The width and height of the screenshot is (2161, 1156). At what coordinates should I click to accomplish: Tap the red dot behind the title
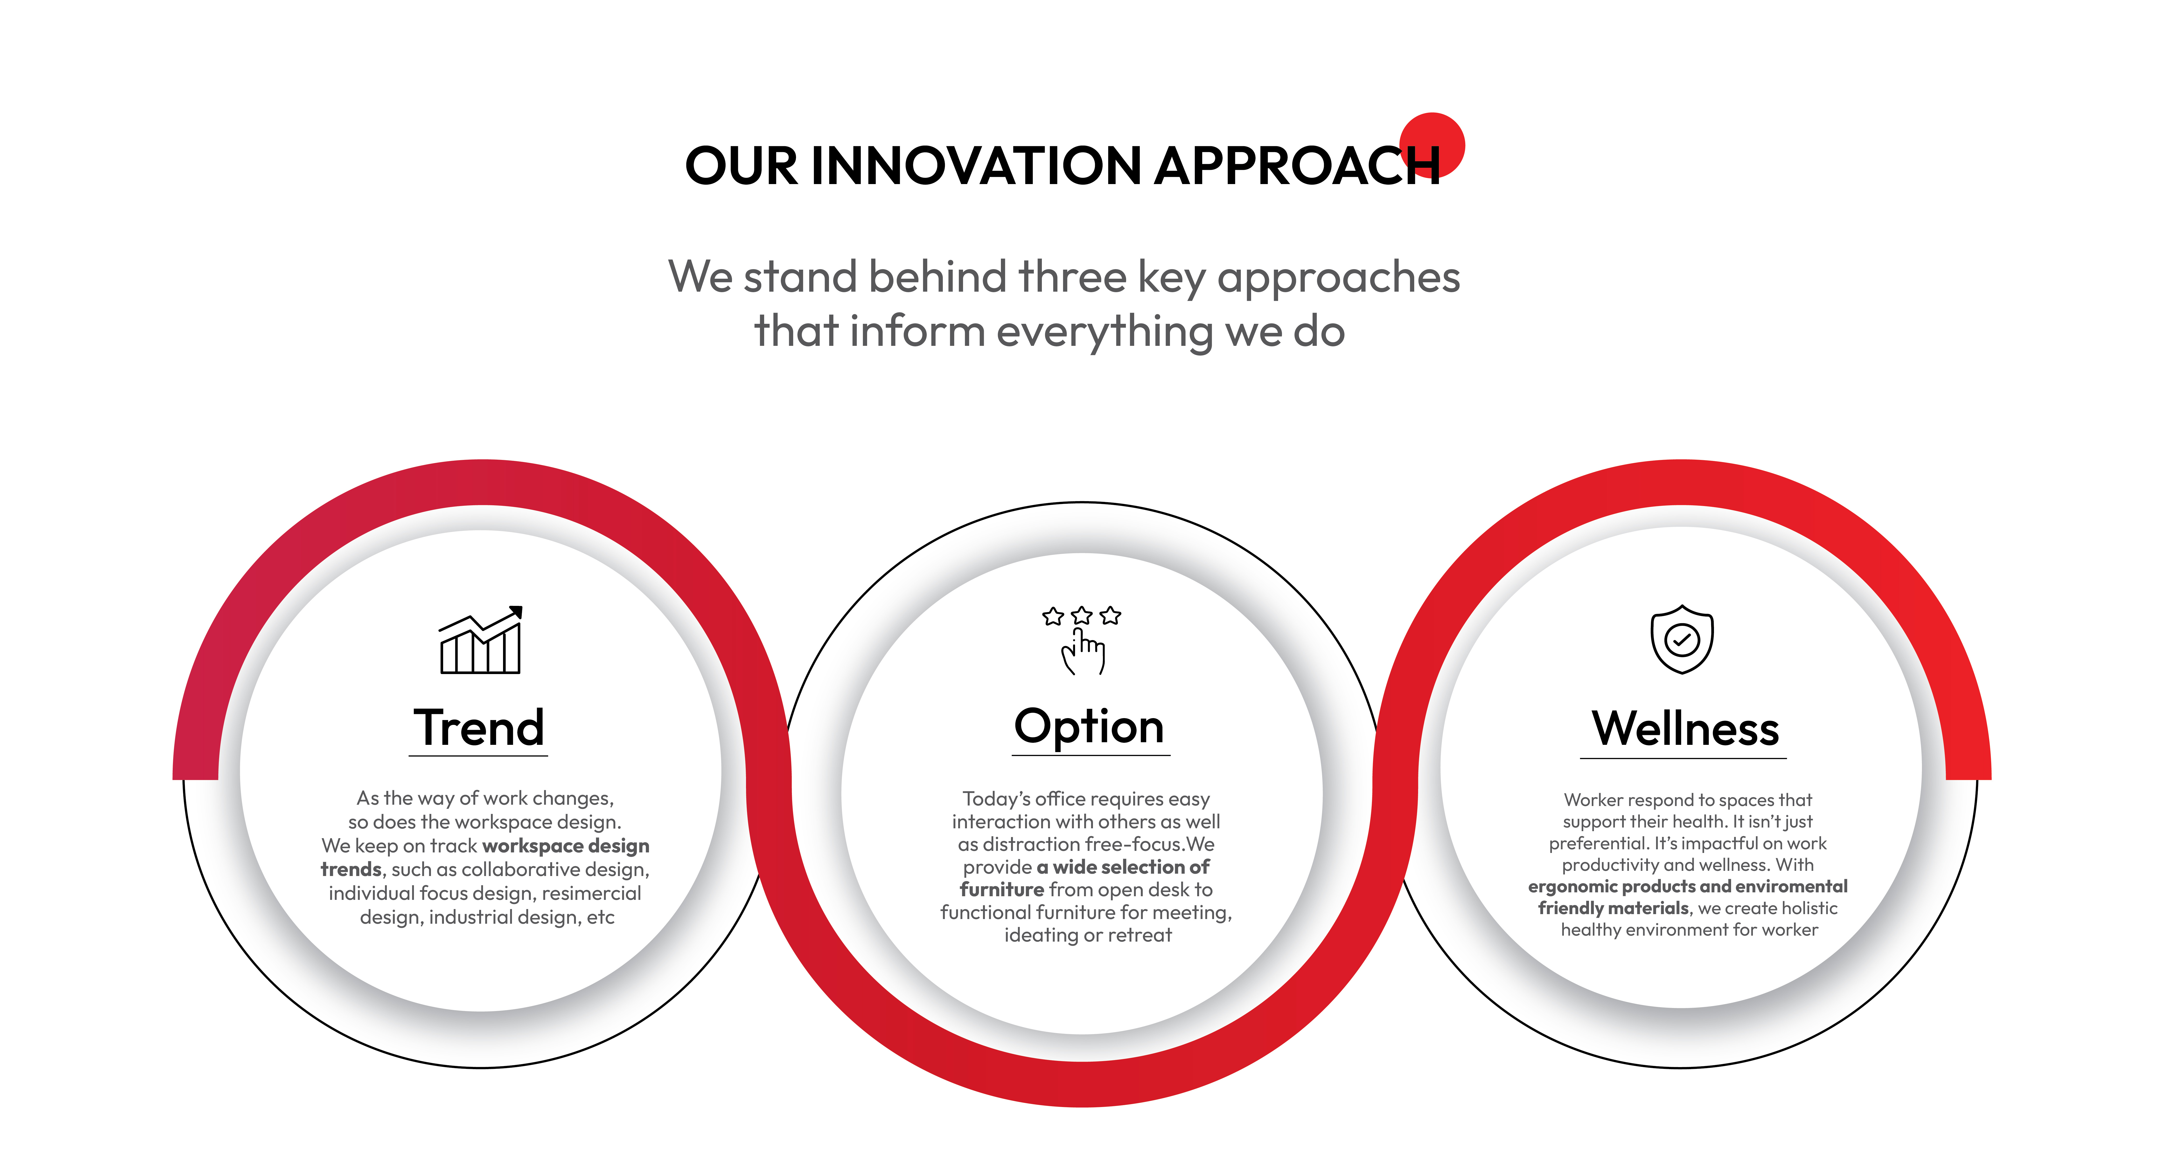click(1433, 144)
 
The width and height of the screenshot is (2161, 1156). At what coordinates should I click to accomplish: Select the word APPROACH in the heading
click(1298, 165)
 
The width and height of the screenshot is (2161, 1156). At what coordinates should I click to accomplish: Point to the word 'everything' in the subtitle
click(1105, 331)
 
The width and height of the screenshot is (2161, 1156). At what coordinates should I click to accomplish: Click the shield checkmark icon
click(1682, 639)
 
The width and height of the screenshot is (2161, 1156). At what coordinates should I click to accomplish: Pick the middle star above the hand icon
click(1082, 616)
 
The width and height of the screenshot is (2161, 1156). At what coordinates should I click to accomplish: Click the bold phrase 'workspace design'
click(566, 846)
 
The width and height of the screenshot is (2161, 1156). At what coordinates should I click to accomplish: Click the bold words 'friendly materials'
click(1613, 908)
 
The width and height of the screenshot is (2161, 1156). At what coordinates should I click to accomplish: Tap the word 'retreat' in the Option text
click(1139, 935)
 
